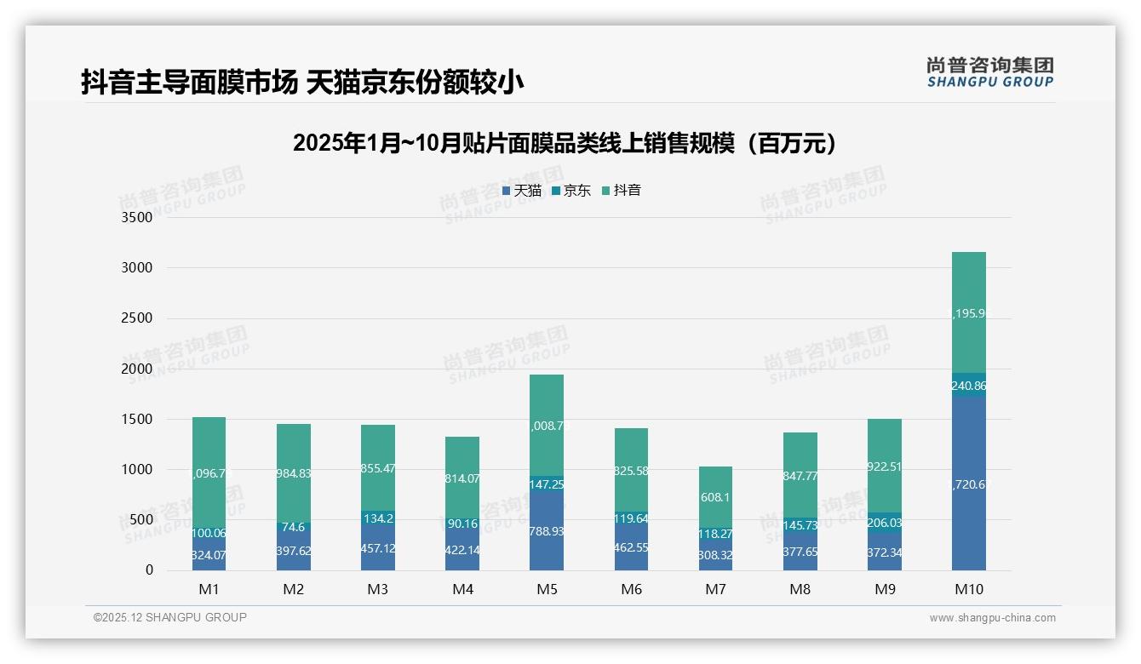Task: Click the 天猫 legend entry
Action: (522, 191)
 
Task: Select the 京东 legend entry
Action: (571, 191)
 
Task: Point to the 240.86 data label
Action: (968, 386)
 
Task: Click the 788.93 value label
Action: (547, 531)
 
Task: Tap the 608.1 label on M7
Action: (715, 497)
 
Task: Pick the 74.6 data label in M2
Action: (293, 527)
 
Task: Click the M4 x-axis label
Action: (462, 589)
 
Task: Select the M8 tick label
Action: (800, 589)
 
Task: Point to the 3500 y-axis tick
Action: (137, 218)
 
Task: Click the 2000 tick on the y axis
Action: (137, 369)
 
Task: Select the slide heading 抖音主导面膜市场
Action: (302, 82)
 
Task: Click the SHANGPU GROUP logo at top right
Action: (989, 72)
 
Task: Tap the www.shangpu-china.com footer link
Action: (992, 618)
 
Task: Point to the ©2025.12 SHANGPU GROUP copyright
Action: (170, 617)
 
